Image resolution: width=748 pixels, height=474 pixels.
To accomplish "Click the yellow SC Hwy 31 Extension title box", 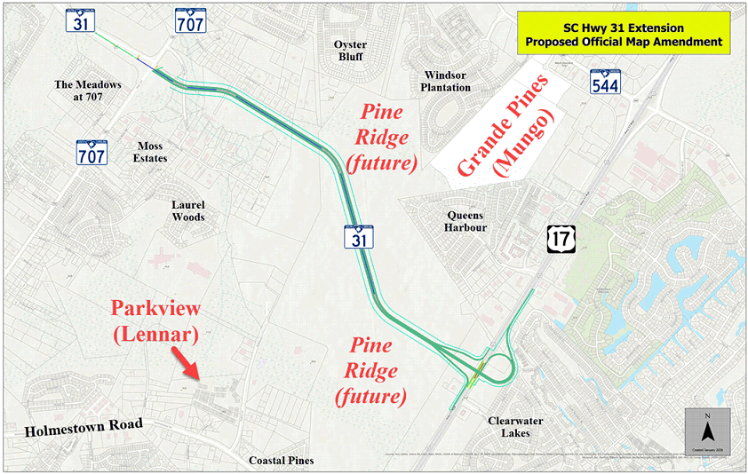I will click(x=623, y=35).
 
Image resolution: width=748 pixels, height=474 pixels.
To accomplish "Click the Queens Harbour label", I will click(x=466, y=220).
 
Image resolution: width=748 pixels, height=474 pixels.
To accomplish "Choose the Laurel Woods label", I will click(x=187, y=210).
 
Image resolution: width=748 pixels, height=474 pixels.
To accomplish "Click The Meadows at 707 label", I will click(x=87, y=91).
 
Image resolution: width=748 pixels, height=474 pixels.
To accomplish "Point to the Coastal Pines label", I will click(x=281, y=461).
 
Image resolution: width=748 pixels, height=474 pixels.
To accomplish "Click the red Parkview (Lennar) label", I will click(x=156, y=321).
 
